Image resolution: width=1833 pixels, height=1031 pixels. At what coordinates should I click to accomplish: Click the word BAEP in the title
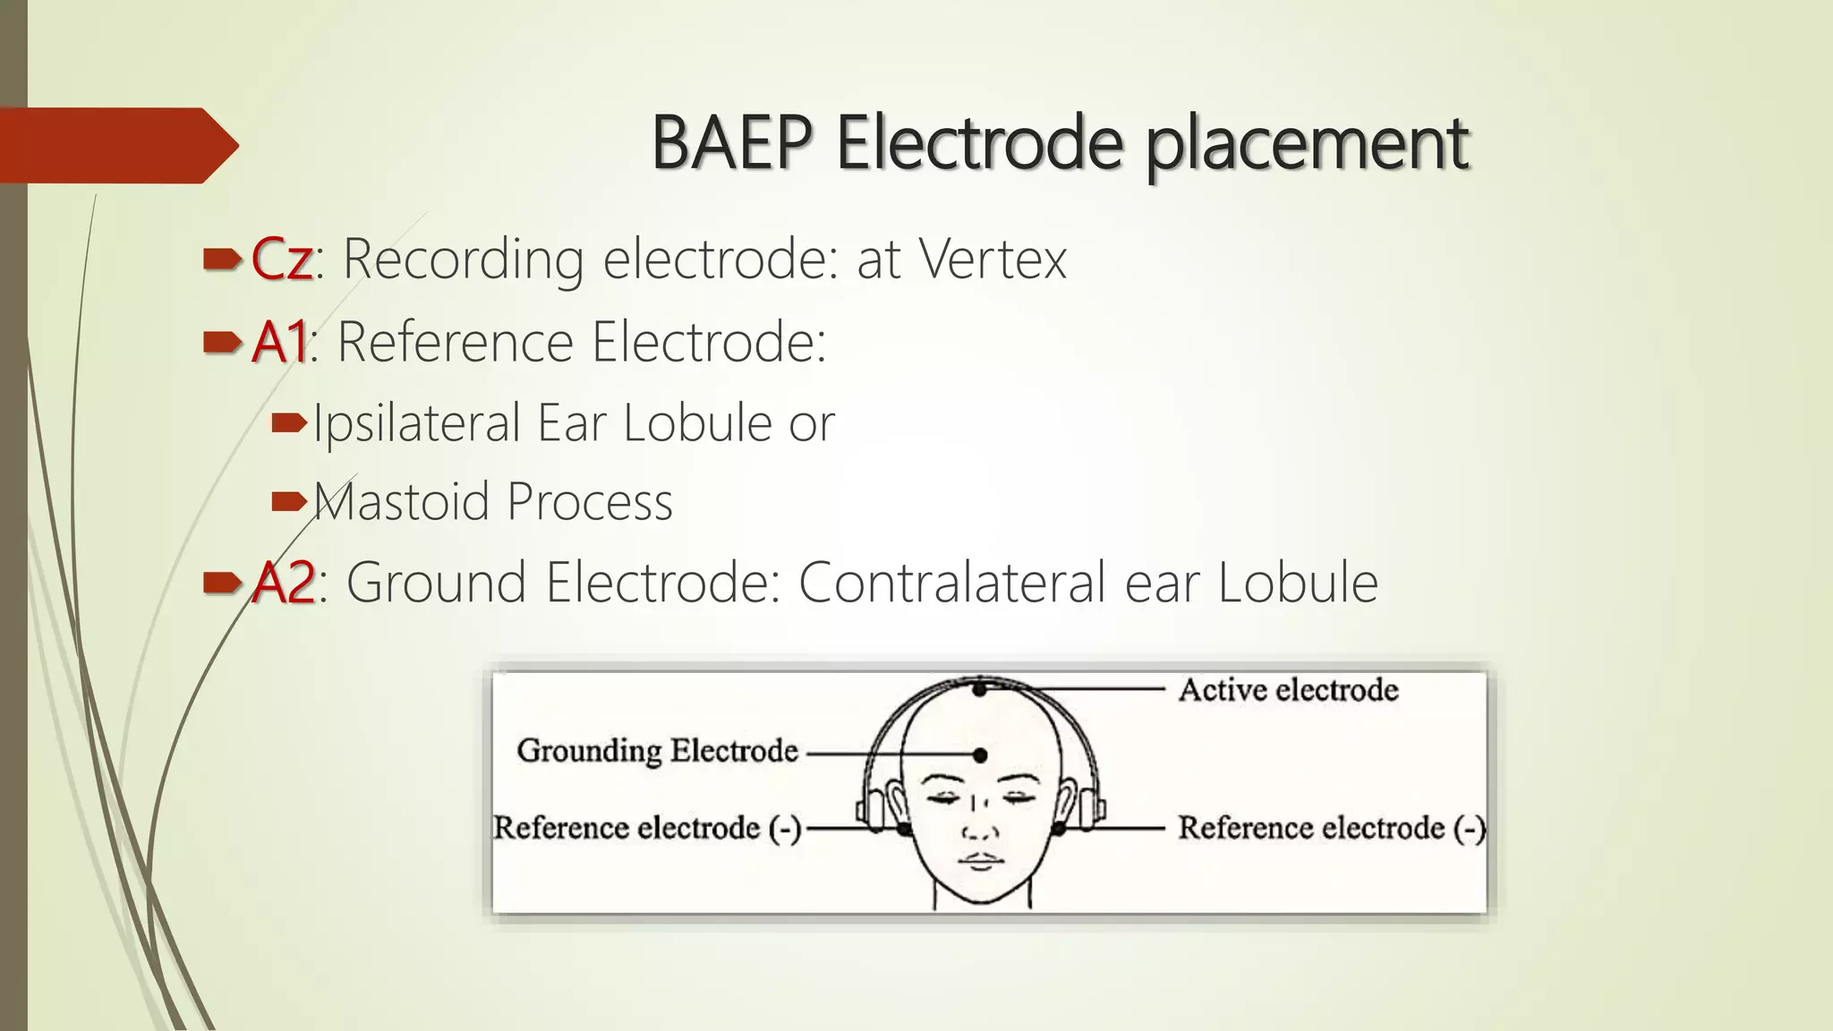732,143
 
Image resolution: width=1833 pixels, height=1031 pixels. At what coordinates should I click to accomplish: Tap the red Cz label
281,260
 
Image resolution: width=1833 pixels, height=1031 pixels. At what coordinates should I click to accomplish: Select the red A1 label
279,342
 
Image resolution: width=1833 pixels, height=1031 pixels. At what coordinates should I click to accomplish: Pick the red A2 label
283,583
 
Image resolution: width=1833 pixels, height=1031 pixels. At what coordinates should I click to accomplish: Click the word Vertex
993,260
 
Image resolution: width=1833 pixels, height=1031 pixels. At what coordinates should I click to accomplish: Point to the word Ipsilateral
416,423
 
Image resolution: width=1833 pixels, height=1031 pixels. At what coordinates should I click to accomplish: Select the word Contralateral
952,583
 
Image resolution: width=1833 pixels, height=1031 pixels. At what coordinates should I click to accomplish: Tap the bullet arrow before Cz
222,260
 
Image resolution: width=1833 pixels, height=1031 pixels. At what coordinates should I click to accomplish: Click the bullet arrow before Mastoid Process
288,501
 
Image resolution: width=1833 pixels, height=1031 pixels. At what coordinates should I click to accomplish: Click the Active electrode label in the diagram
1287,690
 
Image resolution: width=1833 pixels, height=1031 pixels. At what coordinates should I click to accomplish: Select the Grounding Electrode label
657,751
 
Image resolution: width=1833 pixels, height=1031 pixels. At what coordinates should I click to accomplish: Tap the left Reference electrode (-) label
646,828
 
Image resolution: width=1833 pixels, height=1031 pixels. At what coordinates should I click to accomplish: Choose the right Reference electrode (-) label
1330,828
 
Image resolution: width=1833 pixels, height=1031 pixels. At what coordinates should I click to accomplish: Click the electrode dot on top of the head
981,689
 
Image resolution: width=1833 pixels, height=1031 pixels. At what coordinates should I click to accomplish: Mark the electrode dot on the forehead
981,755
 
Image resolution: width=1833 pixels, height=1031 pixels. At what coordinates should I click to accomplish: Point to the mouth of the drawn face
981,861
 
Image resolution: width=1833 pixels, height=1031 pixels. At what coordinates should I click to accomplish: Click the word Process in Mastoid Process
590,502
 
